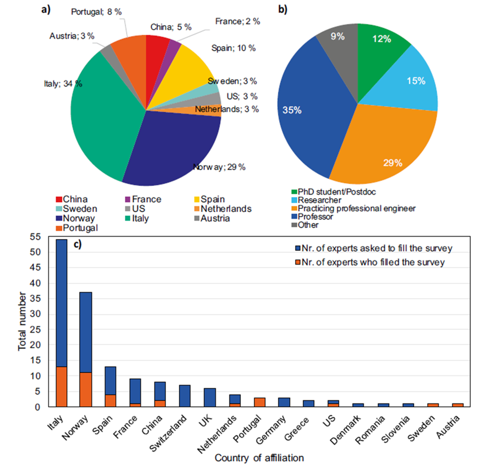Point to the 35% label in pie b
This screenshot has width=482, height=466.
point(292,110)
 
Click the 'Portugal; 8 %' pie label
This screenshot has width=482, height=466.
point(96,12)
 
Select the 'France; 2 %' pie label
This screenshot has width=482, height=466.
point(237,21)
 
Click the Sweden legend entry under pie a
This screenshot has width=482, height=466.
point(77,209)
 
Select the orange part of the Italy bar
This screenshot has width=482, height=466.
point(62,387)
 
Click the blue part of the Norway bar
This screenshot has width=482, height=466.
point(86,332)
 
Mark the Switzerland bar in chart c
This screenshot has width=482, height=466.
point(185,396)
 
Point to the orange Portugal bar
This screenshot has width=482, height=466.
point(259,402)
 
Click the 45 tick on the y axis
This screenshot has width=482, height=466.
point(35,267)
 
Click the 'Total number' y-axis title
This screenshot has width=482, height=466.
point(22,321)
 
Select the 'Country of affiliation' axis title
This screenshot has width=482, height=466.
point(259,458)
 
